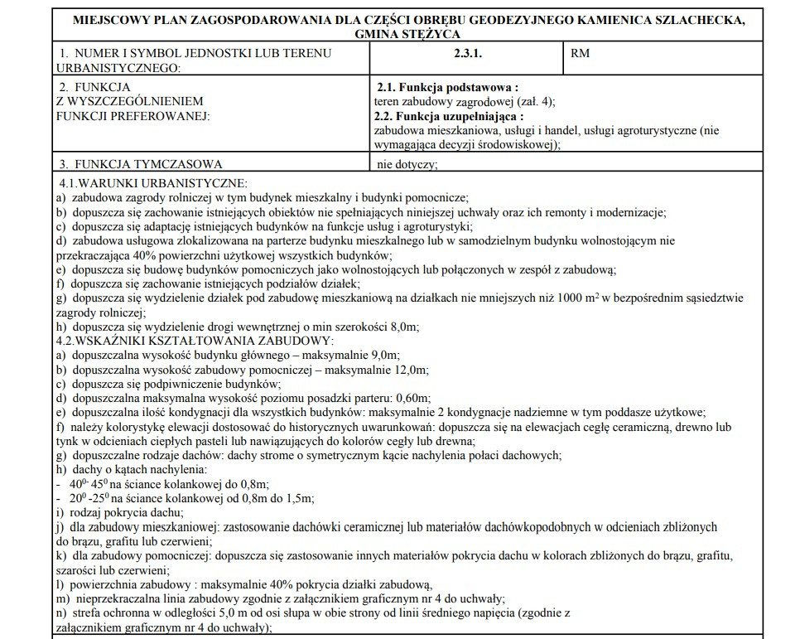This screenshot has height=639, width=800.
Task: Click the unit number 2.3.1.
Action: coord(467,54)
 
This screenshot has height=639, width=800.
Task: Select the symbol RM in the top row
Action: coord(581,54)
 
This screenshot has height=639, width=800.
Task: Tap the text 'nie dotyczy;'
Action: coord(407,164)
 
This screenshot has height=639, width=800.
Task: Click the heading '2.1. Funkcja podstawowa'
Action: coord(447,87)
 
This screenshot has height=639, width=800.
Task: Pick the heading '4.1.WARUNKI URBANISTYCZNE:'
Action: coord(153,183)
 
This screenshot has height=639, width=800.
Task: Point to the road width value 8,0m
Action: coord(402,327)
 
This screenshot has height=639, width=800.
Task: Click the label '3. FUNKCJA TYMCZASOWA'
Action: coord(140,164)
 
